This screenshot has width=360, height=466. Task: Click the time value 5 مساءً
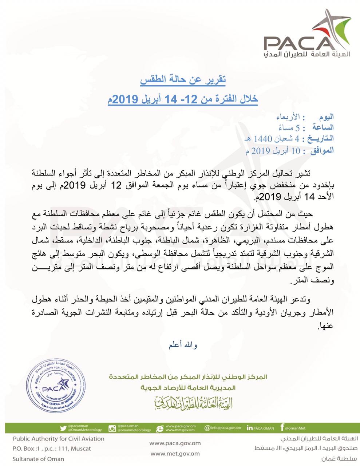(294, 128)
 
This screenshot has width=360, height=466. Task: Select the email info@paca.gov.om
(223, 428)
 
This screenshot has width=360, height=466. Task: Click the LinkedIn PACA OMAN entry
(260, 428)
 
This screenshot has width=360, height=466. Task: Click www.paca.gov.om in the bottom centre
(175, 443)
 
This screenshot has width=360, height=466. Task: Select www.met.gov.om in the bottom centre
(175, 454)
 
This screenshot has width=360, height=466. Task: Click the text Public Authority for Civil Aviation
(58, 439)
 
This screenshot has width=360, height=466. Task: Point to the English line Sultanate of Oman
(38, 459)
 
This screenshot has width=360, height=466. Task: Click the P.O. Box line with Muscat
(52, 449)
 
